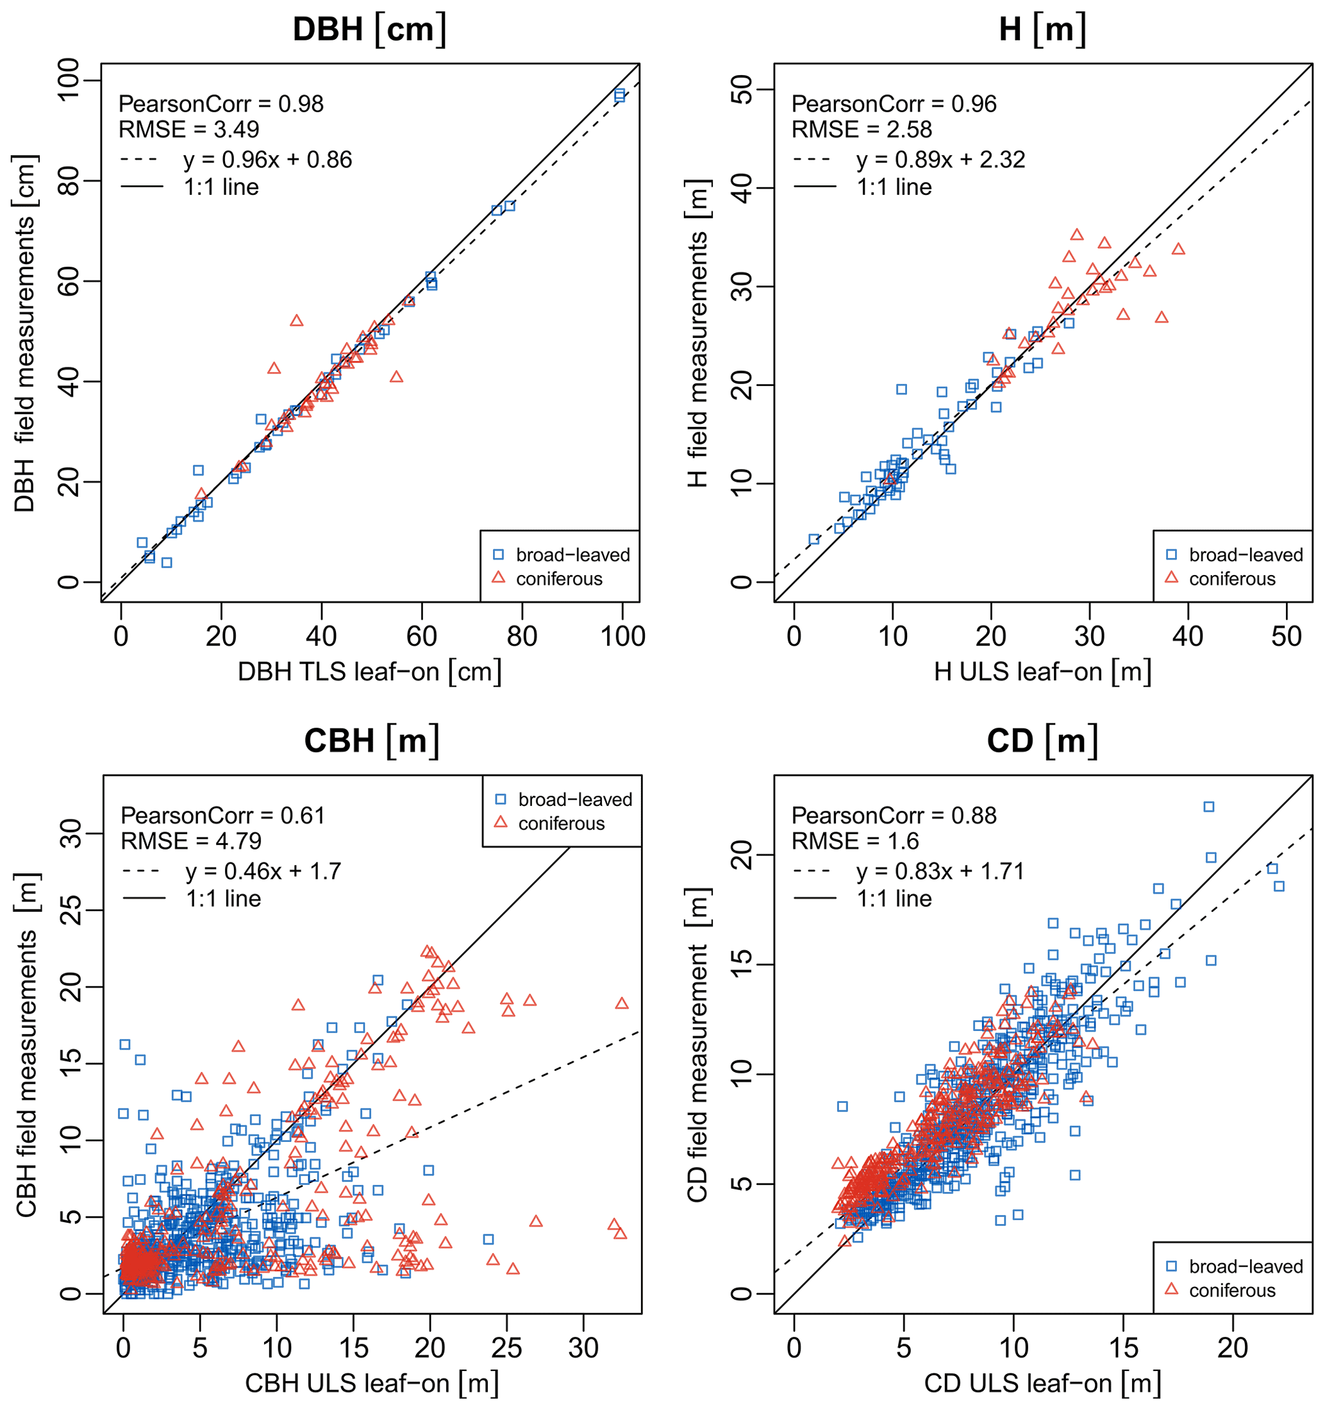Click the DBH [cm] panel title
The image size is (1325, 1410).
click(369, 29)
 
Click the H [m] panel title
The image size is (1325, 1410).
click(1042, 29)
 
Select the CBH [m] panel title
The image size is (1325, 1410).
click(372, 741)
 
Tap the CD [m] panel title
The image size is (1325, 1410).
click(1042, 741)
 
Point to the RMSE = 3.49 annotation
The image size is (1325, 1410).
click(188, 130)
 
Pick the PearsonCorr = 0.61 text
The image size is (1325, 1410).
click(222, 816)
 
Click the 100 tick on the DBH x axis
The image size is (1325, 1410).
click(622, 636)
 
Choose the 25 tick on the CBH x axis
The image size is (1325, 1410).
click(506, 1348)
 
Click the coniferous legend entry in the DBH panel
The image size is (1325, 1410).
click(558, 579)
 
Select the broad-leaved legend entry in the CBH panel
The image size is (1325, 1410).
click(574, 800)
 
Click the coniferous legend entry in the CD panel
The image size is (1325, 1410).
click(1231, 1290)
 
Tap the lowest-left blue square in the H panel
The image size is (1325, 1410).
click(814, 539)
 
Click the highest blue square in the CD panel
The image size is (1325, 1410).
click(1209, 807)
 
